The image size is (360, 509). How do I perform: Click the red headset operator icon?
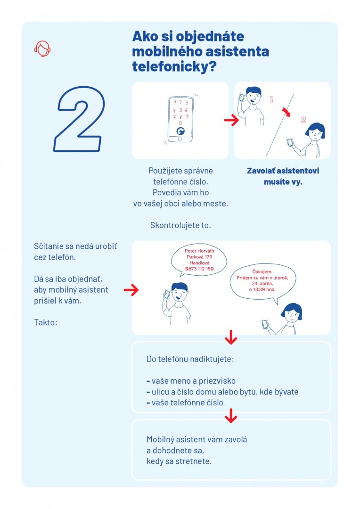click(x=42, y=49)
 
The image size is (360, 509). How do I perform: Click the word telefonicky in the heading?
click(x=174, y=67)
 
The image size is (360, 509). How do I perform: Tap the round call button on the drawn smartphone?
click(x=180, y=131)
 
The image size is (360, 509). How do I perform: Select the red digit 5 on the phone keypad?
click(x=180, y=110)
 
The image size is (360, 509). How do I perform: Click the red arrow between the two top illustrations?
click(x=231, y=120)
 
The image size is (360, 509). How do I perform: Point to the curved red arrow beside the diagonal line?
click(x=286, y=112)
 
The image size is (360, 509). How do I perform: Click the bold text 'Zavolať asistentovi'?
click(x=283, y=171)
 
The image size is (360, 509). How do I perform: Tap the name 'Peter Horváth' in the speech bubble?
click(x=199, y=251)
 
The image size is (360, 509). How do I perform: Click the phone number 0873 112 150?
click(x=199, y=269)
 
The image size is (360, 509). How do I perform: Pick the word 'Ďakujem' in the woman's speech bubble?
click(x=262, y=272)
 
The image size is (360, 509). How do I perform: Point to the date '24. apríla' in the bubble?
click(x=262, y=283)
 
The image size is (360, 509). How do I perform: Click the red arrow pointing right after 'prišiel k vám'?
click(x=131, y=289)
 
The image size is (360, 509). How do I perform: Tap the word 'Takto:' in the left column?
click(x=45, y=322)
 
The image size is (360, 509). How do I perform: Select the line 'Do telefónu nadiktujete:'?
click(x=190, y=359)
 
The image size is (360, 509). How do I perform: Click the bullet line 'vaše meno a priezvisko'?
click(x=191, y=381)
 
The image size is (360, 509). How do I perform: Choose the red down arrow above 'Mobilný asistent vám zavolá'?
click(x=231, y=416)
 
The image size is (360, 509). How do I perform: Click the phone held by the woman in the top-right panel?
click(x=290, y=142)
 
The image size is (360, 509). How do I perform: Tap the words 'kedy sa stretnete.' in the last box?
click(x=179, y=461)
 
